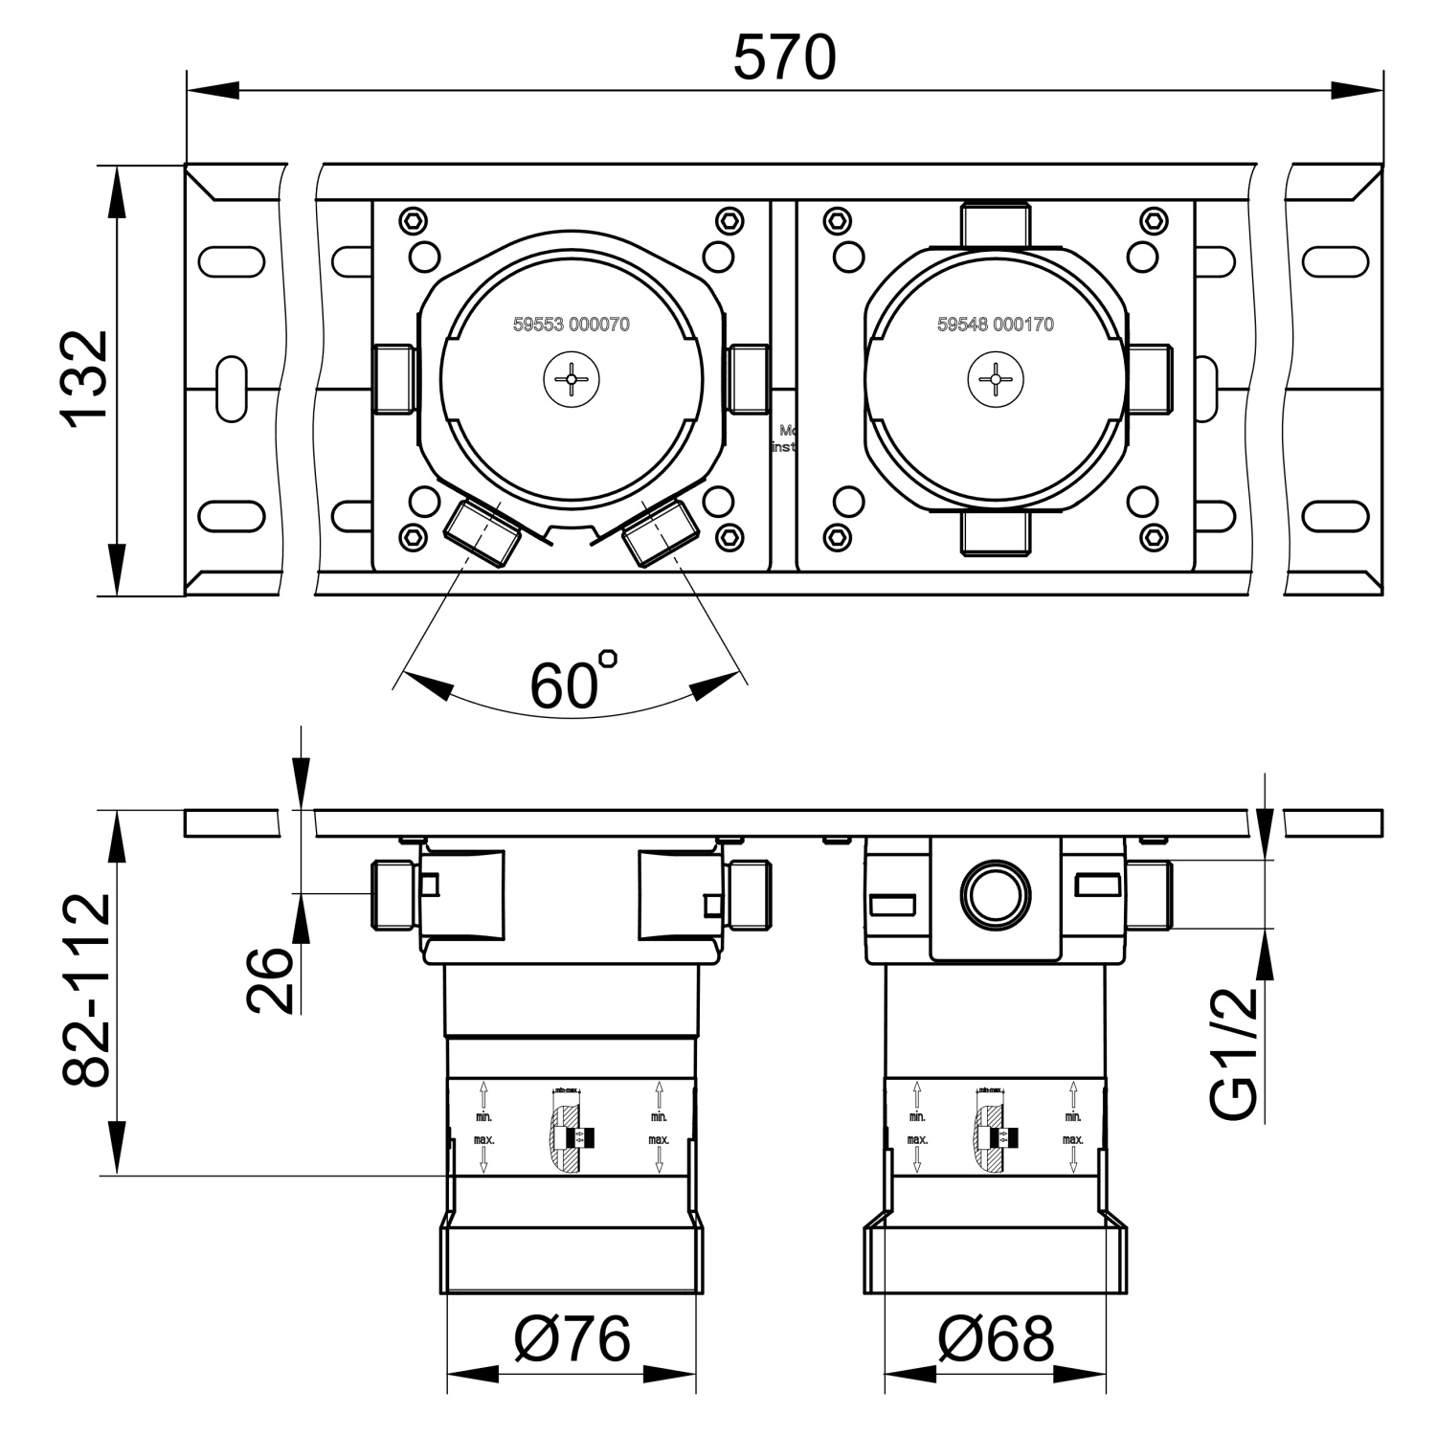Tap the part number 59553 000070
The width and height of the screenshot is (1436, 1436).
coord(571,325)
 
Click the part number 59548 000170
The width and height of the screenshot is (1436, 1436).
coord(995,325)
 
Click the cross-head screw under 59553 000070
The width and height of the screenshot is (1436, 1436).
coord(572,380)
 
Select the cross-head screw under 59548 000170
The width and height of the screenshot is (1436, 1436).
coord(996,380)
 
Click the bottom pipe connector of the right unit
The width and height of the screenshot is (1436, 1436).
coord(996,535)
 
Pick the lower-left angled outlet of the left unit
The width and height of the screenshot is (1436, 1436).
coord(483,532)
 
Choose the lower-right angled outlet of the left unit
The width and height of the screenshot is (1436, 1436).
coord(660,532)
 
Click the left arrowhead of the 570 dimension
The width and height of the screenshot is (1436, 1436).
coord(213,90)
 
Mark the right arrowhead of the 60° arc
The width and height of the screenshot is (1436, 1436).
coord(714,684)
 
